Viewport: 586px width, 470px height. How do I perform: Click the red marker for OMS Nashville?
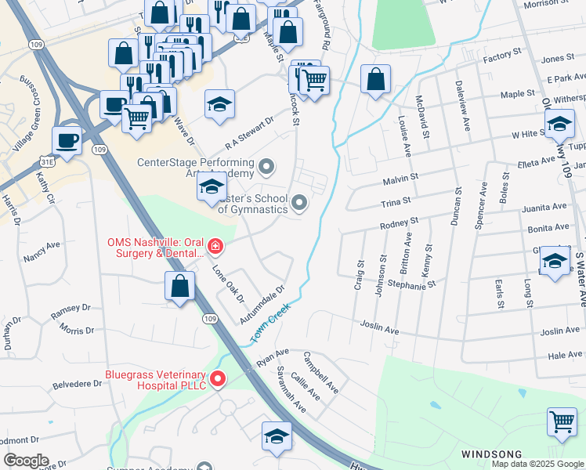click(x=215, y=248)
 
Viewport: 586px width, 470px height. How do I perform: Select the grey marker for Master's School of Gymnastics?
click(x=298, y=204)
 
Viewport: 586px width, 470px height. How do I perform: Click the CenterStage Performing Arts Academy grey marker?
click(x=267, y=165)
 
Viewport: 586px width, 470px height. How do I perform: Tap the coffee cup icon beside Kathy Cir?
click(x=67, y=141)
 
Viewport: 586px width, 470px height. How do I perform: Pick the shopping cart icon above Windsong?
click(x=562, y=421)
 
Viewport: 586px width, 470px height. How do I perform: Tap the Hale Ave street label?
click(x=564, y=355)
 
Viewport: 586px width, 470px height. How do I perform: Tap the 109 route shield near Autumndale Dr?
click(x=209, y=319)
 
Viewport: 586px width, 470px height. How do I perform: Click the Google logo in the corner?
click(x=26, y=460)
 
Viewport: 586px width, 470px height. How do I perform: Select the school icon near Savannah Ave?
click(x=277, y=436)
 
